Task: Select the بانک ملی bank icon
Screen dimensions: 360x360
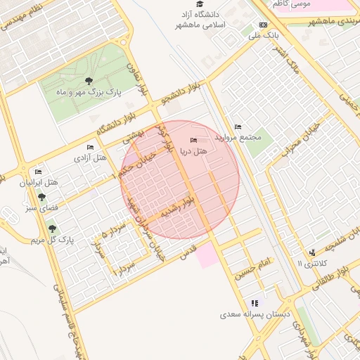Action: pos(263,25)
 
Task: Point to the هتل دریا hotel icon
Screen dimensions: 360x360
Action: pos(194,141)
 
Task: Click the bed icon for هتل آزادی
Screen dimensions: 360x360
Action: pos(90,147)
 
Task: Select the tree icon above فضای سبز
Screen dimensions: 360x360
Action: pos(41,197)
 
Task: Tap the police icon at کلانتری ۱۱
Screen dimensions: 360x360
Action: pos(311,252)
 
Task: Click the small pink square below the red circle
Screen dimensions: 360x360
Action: pos(207,256)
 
